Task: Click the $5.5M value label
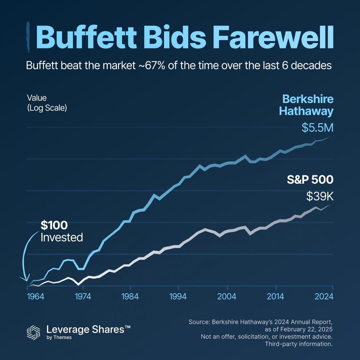(317, 128)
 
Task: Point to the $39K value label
(320, 196)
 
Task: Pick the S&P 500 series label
(310, 180)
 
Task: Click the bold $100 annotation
(54, 225)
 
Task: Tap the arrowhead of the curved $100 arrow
(24, 279)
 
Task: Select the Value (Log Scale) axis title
(47, 103)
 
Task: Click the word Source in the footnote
(199, 322)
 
